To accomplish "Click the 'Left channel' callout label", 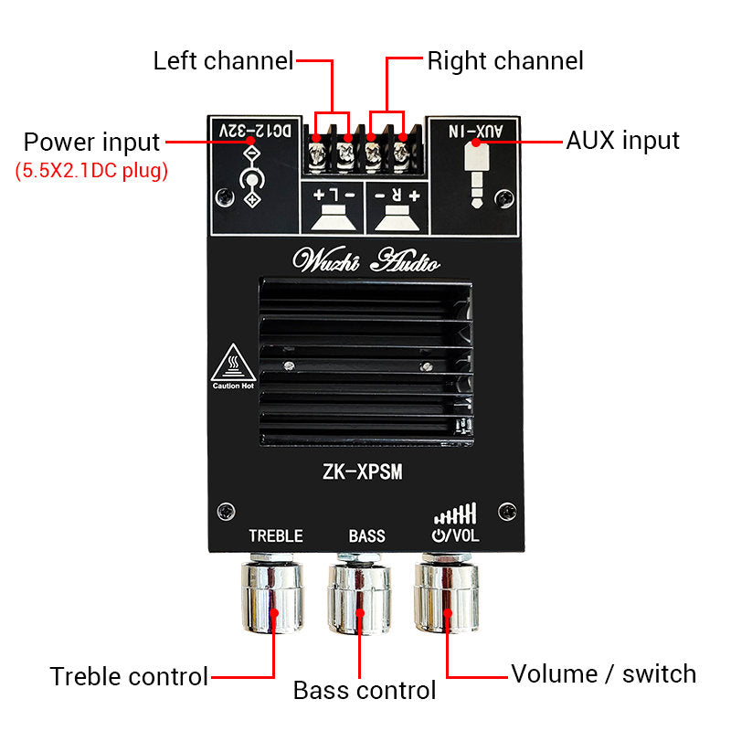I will tap(223, 61).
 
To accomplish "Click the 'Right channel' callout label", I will tap(505, 61).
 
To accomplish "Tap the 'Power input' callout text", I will tap(91, 143).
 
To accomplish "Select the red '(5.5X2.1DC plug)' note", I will tap(91, 171).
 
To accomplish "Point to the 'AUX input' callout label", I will tap(623, 141).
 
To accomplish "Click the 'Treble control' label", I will tap(129, 676).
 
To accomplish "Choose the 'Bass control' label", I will tap(365, 691).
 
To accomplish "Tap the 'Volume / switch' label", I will tap(603, 674).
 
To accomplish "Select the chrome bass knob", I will tap(360, 598).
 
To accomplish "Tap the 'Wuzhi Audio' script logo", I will tap(365, 261).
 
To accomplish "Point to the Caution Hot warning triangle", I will tap(232, 365).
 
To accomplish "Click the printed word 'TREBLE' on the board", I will tap(275, 536).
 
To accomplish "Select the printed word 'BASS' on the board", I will tap(366, 536).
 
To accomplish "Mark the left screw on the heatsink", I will tap(288, 366).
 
